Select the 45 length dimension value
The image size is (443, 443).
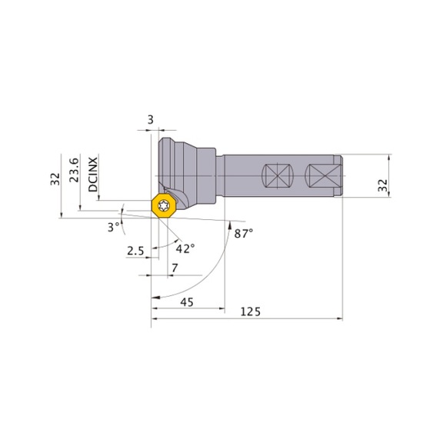point(186,302)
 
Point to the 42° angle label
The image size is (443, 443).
point(185,248)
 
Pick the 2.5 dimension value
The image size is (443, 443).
point(135,251)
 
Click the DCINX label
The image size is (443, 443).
point(93,175)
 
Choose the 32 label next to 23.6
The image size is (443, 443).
point(55,179)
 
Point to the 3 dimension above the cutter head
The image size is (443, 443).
point(151,120)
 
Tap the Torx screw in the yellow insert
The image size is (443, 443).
point(164,205)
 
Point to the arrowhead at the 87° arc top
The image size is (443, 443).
point(231,224)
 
